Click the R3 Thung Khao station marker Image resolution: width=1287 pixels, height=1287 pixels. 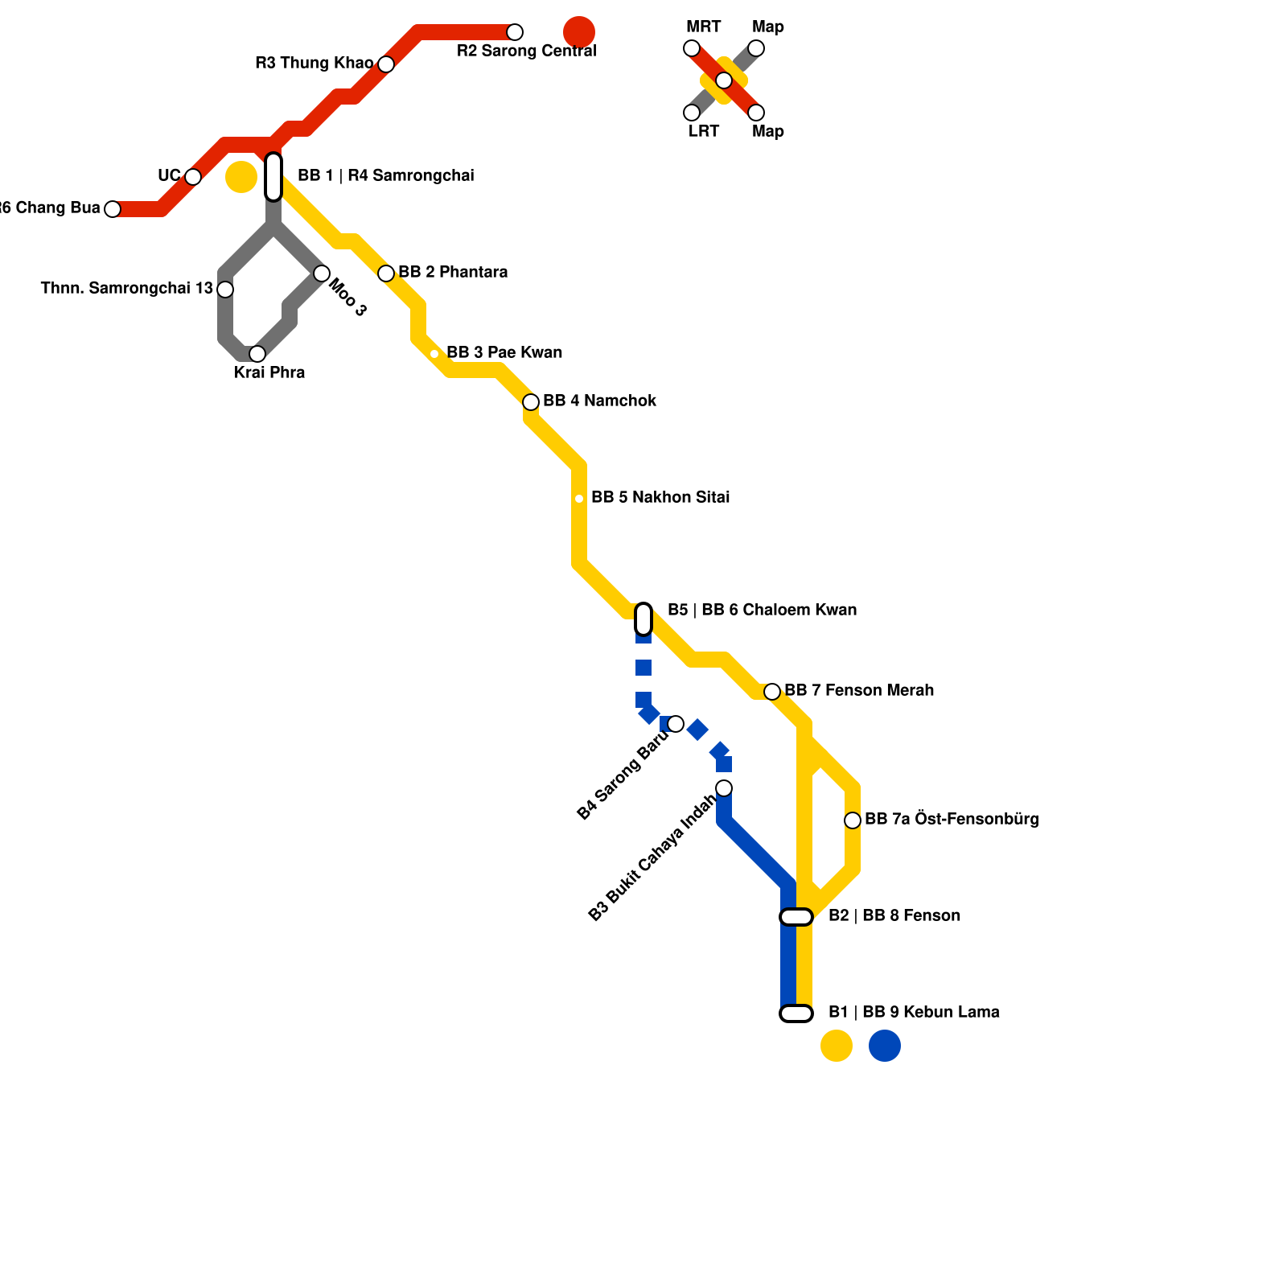pos(386,64)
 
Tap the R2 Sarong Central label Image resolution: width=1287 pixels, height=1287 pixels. pos(527,51)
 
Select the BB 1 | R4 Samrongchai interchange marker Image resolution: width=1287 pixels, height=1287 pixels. pos(273,177)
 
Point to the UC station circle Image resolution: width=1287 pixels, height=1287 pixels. pos(193,177)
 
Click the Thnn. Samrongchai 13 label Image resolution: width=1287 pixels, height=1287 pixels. pos(127,288)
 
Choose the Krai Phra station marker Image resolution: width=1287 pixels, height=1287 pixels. pos(257,354)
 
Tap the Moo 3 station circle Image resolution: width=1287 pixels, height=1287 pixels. pos(322,273)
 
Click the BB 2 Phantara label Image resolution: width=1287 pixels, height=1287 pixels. pos(453,272)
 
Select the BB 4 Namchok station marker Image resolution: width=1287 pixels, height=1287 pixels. pos(531,402)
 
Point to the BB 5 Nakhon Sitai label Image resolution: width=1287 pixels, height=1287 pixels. pos(660,497)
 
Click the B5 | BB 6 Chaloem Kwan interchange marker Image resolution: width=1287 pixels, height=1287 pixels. pos(643,619)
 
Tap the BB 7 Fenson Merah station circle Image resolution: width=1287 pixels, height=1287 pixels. pos(772,692)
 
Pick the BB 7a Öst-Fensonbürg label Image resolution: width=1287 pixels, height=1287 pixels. pos(952,819)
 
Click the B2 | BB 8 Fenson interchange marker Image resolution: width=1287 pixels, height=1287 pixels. pos(796,917)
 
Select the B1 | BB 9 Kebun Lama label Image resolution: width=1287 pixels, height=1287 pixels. pos(914,1012)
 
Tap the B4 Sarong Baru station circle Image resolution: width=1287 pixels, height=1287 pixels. pos(676,724)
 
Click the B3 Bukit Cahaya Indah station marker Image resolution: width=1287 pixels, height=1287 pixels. pos(724,788)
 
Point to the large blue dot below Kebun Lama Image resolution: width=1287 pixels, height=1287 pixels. pos(885,1046)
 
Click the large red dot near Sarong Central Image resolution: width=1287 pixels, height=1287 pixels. pos(579,32)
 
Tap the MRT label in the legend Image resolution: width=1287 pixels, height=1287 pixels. pos(704,27)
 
